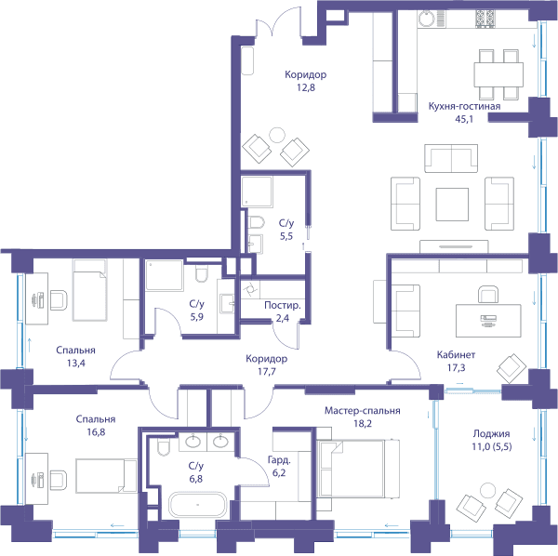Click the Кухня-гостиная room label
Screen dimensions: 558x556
tap(464, 106)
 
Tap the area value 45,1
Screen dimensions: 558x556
tap(464, 119)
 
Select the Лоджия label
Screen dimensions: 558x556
tap(491, 433)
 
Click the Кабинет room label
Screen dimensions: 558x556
tap(456, 354)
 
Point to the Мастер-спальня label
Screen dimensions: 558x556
tap(363, 411)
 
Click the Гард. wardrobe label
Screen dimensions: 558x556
tap(279, 460)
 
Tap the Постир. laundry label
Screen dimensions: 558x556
tap(283, 306)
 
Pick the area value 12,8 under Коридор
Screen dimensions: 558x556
tap(306, 87)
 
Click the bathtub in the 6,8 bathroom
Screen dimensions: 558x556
tap(197, 505)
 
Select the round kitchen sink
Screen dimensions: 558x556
tap(426, 18)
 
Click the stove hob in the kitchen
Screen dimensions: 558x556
tap(485, 19)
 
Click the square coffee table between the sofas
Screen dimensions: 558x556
tap(452, 205)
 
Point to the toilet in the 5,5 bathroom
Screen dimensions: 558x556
tap(257, 222)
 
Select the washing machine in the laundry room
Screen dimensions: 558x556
tap(250, 289)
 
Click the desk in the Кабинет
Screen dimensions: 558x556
tap(488, 321)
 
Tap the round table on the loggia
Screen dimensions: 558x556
tap(487, 491)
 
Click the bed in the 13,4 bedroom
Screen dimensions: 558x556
tap(89, 290)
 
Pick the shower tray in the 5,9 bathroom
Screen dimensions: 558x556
tap(164, 276)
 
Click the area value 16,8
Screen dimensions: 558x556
tap(96, 432)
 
